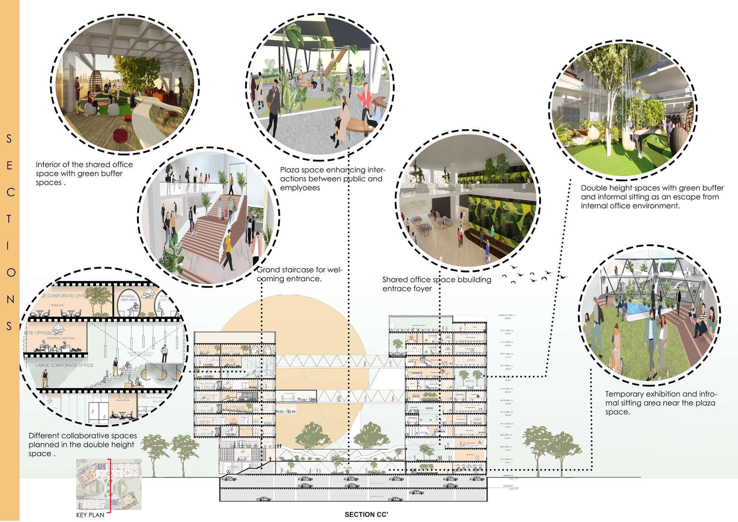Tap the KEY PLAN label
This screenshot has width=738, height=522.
90,515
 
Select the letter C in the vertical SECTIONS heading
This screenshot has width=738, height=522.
10,192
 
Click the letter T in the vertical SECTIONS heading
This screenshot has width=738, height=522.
9,219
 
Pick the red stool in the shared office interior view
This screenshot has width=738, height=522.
121,134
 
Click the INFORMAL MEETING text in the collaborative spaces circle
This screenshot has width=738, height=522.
61,338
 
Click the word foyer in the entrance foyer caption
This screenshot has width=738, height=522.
421,289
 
